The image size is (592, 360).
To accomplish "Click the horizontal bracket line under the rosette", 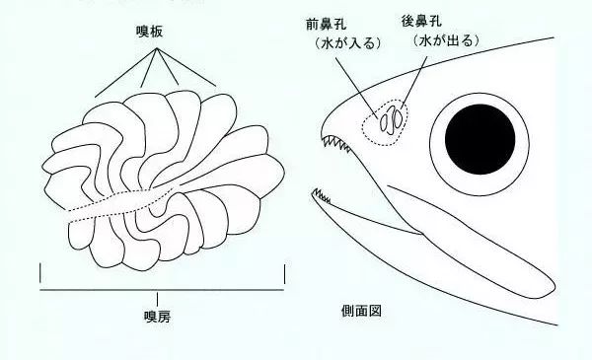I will pyautogui.click(x=163, y=291).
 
